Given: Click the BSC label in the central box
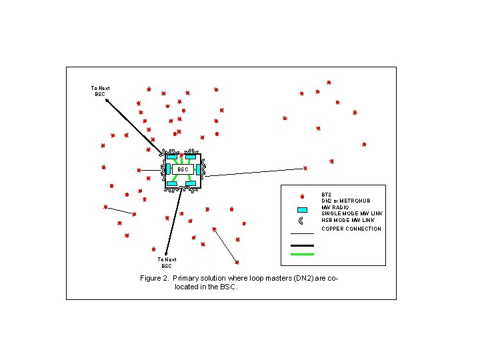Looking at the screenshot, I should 183,169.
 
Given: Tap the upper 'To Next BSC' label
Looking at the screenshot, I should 99,91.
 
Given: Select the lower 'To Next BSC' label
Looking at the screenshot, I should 167,263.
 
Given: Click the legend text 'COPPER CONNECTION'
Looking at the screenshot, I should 351,229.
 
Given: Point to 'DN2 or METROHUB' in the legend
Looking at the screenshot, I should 345,201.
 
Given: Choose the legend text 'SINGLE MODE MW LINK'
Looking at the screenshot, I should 352,213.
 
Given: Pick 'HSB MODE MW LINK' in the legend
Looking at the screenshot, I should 348,220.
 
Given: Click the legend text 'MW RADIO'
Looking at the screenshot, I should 335,207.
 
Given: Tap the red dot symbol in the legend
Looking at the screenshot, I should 302,197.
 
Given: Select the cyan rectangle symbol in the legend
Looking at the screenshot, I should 302,210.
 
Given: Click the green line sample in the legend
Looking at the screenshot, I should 302,254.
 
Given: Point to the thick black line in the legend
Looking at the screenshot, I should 302,245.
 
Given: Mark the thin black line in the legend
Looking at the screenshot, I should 302,234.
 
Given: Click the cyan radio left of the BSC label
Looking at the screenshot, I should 168,169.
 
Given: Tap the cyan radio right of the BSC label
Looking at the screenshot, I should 198,169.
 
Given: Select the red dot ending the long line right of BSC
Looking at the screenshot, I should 305,168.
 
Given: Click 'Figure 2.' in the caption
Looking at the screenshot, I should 155,278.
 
